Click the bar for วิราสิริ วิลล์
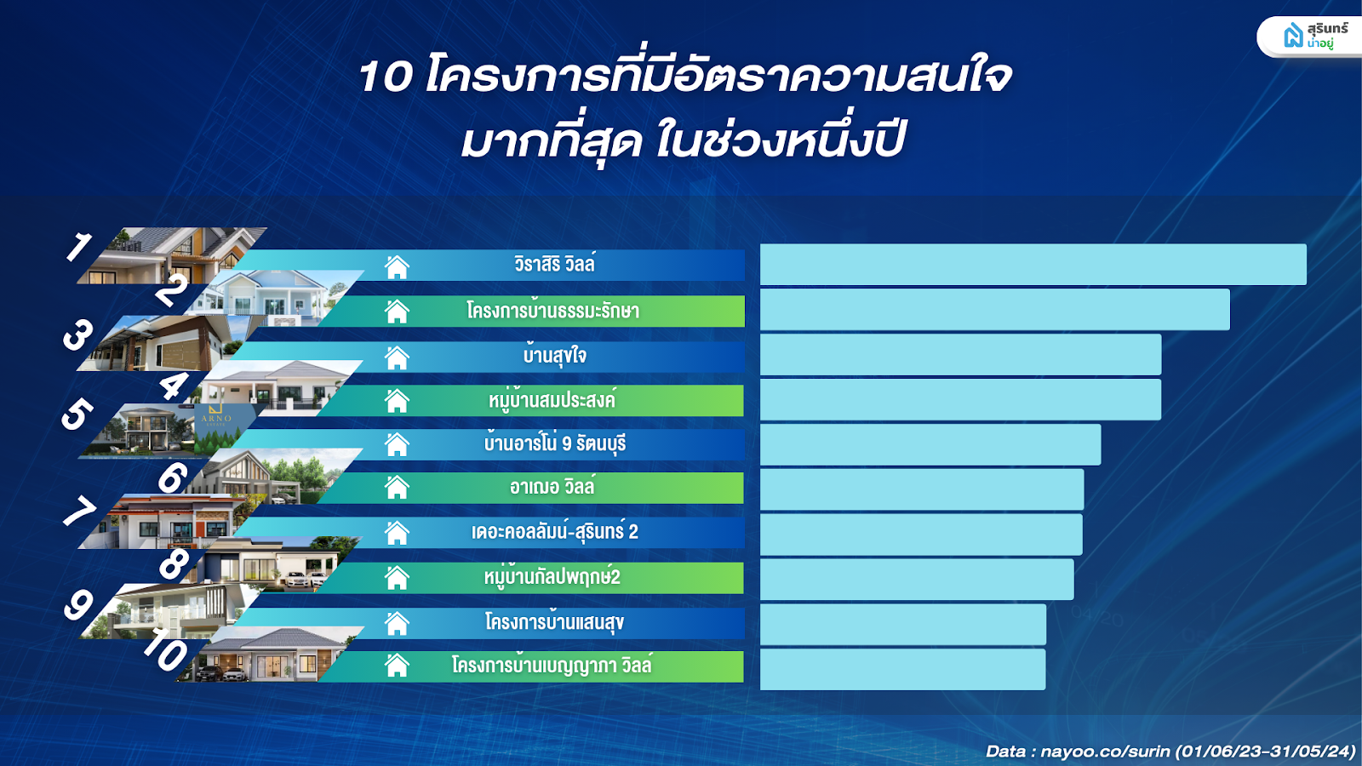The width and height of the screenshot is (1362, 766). pos(1033,265)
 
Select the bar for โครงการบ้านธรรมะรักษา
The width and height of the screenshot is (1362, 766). pos(995,310)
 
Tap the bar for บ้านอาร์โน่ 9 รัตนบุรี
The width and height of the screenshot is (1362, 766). pos(930,444)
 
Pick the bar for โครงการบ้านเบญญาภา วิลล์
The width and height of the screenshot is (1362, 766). pos(903,669)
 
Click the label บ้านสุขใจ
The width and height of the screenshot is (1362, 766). pos(554,355)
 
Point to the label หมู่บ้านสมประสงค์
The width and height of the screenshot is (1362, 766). pos(552,400)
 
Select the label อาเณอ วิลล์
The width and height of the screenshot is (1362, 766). pos(552,487)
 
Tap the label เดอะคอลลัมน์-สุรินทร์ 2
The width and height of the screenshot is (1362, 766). pos(554,532)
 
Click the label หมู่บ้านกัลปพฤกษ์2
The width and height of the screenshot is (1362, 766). pos(552,576)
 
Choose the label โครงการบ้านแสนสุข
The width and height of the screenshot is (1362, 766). pos(554,622)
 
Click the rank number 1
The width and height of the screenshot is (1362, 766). pos(78,247)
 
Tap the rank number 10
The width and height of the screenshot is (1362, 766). pos(165,650)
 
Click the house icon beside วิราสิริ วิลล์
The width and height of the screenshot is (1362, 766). pos(397,267)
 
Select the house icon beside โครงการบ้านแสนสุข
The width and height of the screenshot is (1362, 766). pos(397,623)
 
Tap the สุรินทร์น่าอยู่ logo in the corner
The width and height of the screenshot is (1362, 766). pos(1309,36)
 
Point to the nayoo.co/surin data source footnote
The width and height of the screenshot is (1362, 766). pos(1170,752)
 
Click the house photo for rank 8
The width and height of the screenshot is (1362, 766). pos(273,565)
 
